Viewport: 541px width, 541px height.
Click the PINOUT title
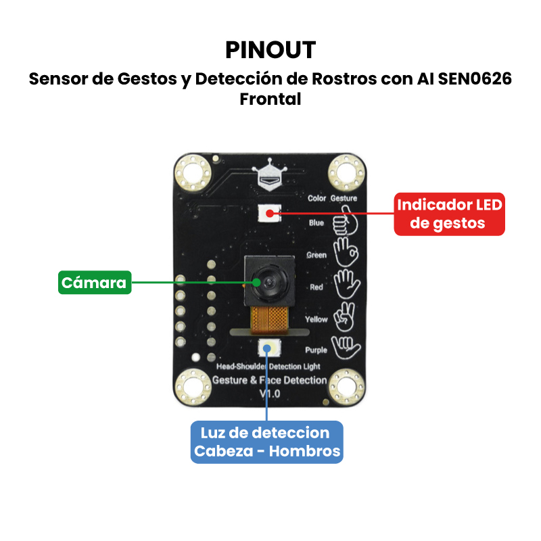tap(270, 49)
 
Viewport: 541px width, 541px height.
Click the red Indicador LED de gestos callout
tap(450, 214)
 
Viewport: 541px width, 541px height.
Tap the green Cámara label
tap(94, 282)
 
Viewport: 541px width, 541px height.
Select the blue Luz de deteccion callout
tap(267, 442)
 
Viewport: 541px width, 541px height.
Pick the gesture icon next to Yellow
tap(346, 316)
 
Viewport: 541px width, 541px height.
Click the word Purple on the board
tap(316, 350)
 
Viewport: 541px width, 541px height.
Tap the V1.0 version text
tap(270, 393)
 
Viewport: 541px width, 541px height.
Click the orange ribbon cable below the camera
tap(270, 318)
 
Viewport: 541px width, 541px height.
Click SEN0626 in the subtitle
tap(475, 79)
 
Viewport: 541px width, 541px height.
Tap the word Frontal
tap(270, 99)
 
